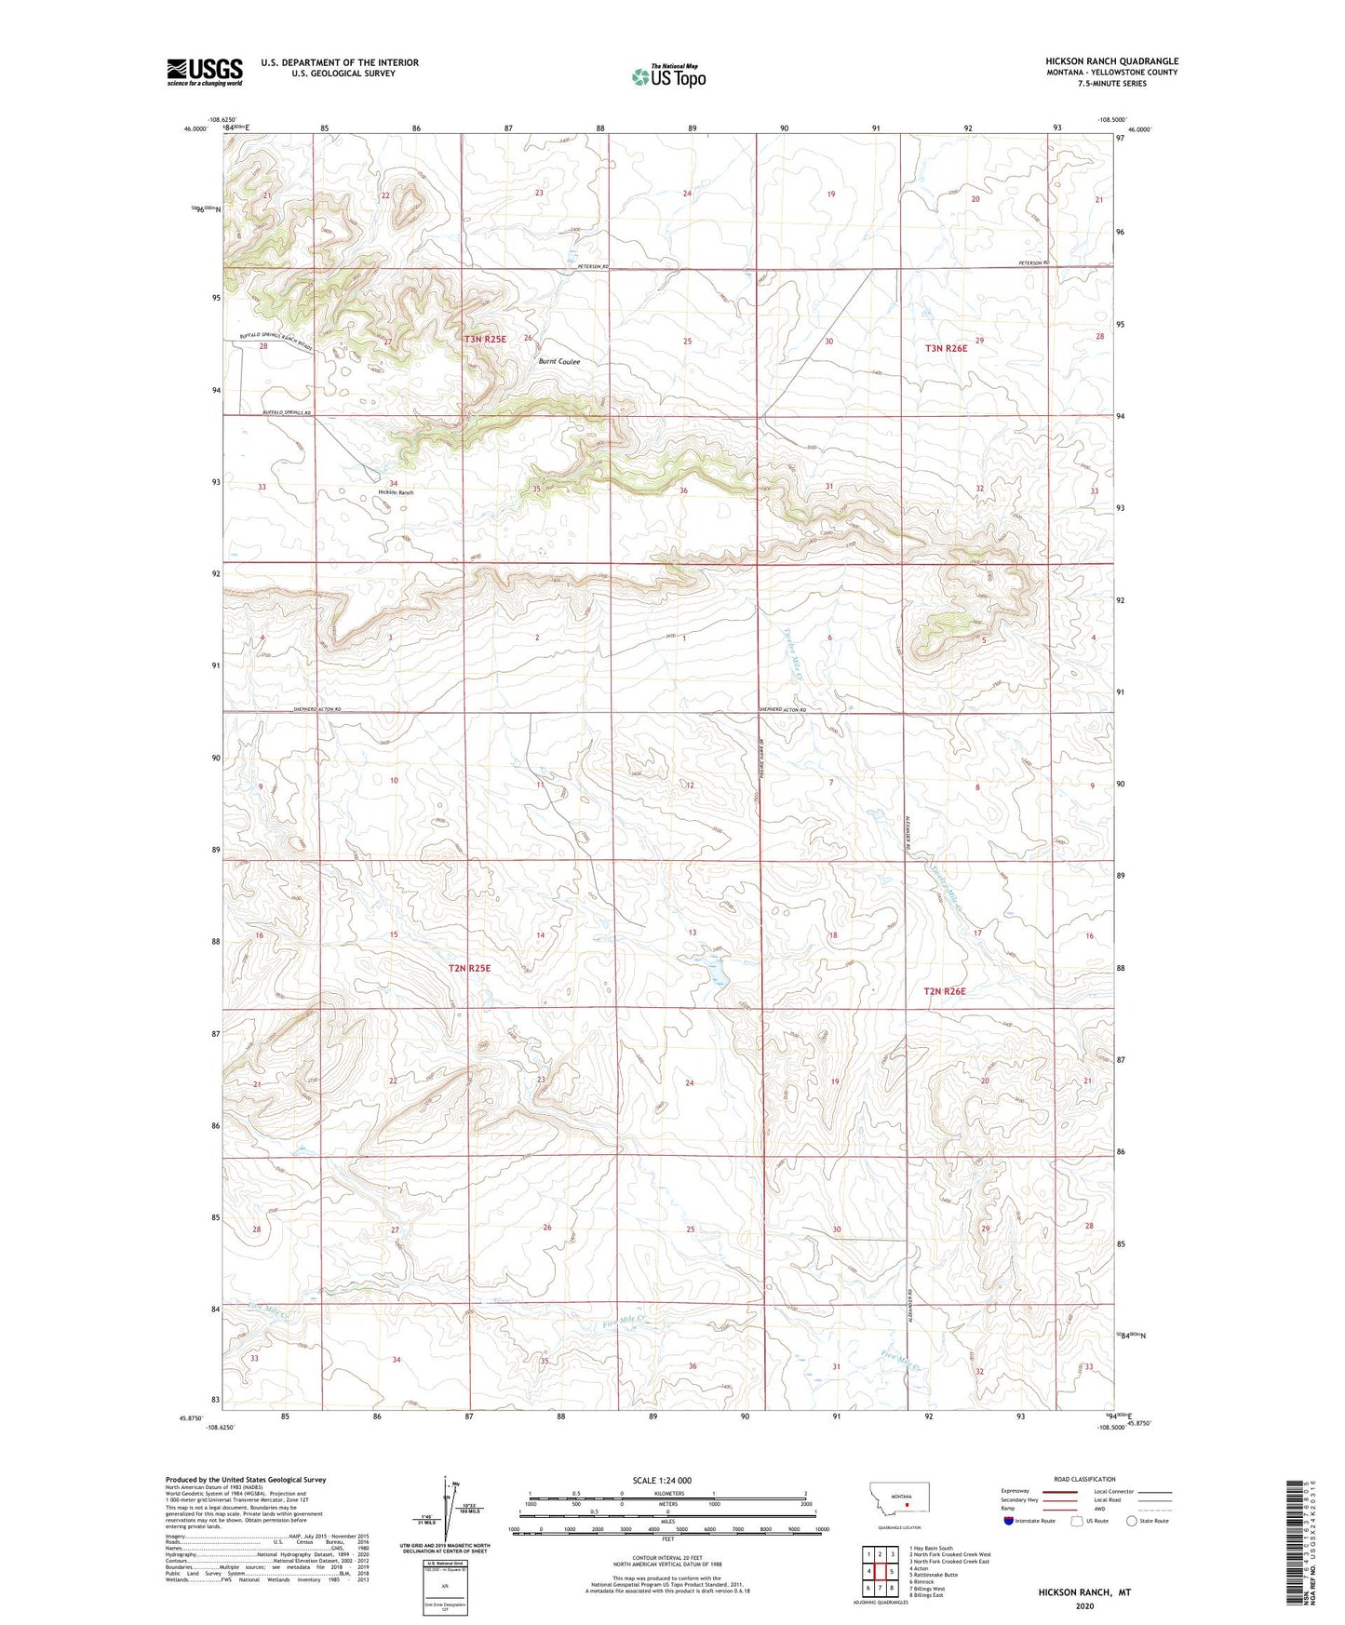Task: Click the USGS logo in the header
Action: (x=204, y=72)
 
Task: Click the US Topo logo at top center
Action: (x=667, y=75)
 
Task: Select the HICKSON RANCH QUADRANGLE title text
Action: (x=1111, y=61)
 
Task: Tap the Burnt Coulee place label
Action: (x=558, y=361)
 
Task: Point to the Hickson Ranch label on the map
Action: (x=395, y=491)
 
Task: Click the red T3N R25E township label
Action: (x=485, y=339)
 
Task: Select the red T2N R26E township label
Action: (x=945, y=991)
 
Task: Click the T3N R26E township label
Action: (x=946, y=347)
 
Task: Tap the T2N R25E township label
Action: (x=469, y=968)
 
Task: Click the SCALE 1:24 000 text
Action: (x=662, y=1480)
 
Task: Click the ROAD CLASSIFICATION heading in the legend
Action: (x=1084, y=1479)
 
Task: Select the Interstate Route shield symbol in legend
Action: (x=1009, y=1521)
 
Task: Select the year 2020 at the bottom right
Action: (x=1084, y=1605)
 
